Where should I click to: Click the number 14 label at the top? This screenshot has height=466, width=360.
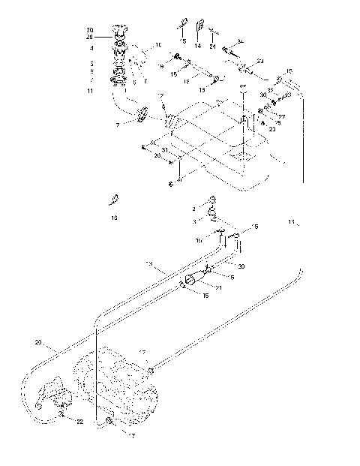[x=199, y=46]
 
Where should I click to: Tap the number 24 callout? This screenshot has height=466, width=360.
[x=214, y=46]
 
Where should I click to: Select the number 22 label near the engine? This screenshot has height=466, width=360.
[x=80, y=422]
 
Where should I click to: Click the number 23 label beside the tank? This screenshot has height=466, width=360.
[x=272, y=130]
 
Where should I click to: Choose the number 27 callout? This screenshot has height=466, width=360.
[x=283, y=116]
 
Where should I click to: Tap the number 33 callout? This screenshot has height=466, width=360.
[x=259, y=59]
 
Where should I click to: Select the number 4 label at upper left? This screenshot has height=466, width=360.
[x=91, y=48]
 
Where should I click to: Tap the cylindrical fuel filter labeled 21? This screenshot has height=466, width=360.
[x=196, y=279]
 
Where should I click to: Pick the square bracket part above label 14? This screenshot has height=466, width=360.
[x=199, y=28]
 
